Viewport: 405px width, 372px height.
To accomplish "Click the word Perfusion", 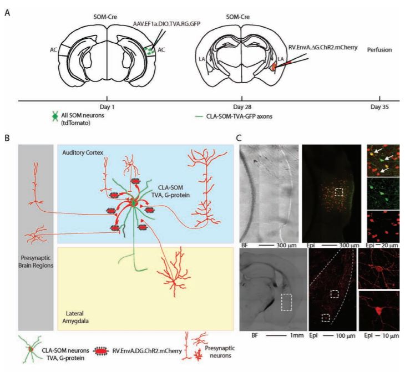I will point(379,50).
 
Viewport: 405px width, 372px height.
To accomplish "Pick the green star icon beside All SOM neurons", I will point(54,118).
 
